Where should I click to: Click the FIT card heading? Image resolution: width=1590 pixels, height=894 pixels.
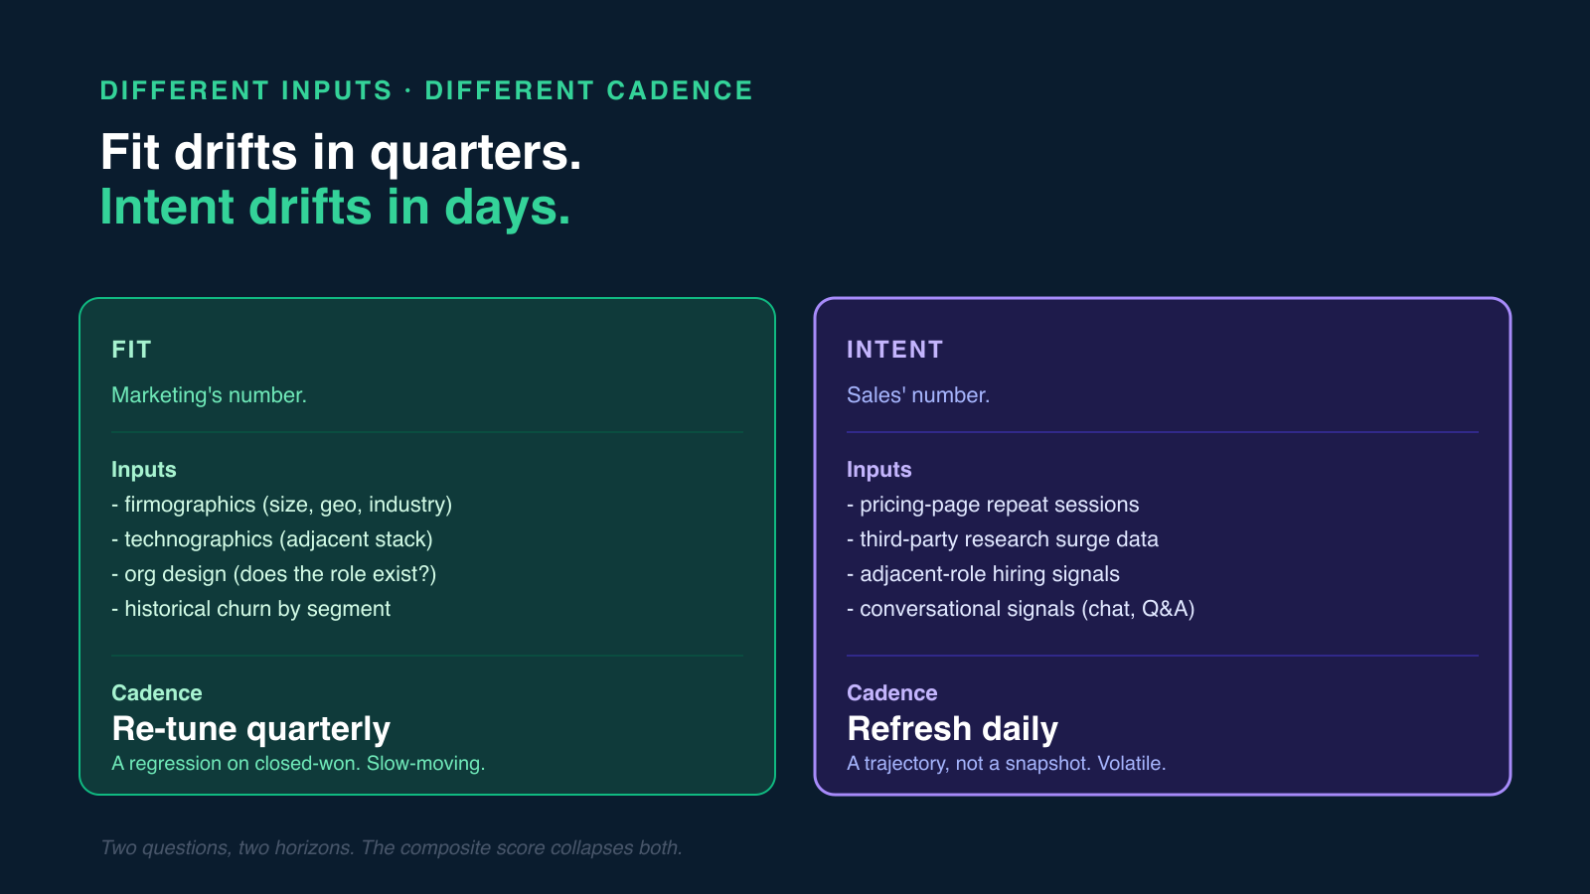point(131,350)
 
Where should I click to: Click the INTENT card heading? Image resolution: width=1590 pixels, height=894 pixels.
point(894,350)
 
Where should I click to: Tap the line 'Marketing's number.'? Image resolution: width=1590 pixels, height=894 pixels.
point(209,395)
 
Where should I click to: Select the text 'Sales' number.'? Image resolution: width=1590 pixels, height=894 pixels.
point(917,395)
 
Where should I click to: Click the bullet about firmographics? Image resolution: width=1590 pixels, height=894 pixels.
point(282,505)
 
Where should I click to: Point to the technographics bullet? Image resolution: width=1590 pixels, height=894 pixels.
point(272,539)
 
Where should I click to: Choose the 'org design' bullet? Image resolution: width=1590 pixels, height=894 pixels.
point(274,574)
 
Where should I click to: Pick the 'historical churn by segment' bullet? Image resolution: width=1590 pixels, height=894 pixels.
point(251,609)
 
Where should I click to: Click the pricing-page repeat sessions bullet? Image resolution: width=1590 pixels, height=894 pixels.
point(993,505)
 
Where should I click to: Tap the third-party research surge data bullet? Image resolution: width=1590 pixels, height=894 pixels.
point(1003,539)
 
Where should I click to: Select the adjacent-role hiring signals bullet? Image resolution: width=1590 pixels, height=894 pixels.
point(983,574)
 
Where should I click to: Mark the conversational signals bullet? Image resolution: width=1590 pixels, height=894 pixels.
point(1021,609)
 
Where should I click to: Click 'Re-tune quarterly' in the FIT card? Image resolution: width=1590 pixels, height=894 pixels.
point(251,729)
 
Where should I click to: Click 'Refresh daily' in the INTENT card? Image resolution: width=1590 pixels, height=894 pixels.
point(952,729)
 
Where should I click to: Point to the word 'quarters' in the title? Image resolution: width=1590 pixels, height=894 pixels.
point(474,153)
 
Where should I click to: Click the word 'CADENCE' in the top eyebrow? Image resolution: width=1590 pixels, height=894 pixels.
point(680,90)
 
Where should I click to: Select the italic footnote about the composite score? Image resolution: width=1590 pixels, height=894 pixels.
point(392,847)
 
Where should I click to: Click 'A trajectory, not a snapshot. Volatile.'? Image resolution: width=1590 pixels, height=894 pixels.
point(1006,763)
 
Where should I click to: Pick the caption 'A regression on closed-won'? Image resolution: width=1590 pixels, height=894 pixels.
point(298,763)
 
